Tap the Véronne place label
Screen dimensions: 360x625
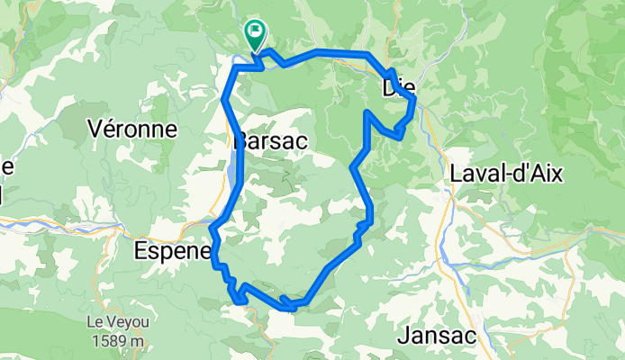(x=132, y=129)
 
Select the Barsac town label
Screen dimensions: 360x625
(x=271, y=142)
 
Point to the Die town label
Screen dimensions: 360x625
(x=398, y=88)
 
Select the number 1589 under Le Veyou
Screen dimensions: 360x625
(x=109, y=341)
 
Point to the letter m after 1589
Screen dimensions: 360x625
(x=138, y=341)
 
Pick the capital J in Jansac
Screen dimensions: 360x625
(x=403, y=337)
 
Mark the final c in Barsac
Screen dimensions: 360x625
(x=303, y=142)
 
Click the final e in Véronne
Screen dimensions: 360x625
(x=169, y=129)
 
